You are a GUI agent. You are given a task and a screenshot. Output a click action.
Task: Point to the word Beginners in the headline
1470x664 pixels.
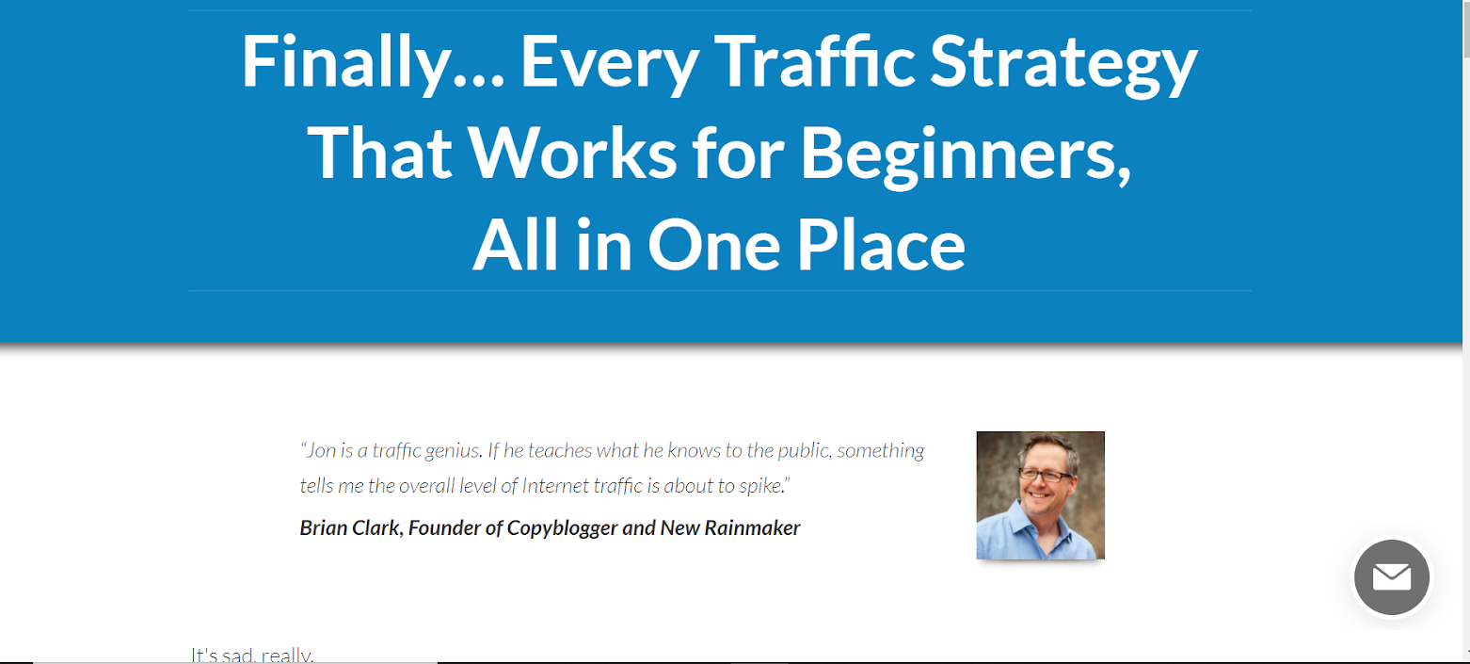965,153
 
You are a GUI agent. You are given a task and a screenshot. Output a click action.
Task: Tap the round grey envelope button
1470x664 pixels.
1391,577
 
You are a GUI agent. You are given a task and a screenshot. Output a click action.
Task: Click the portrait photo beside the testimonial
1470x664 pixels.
1040,495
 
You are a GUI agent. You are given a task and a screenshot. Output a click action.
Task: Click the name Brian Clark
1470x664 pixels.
350,527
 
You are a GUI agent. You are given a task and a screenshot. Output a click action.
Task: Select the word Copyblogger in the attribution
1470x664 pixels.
562,527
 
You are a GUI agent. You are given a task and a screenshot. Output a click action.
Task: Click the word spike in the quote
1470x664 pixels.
761,487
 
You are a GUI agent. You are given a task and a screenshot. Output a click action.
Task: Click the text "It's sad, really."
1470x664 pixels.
251,655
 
